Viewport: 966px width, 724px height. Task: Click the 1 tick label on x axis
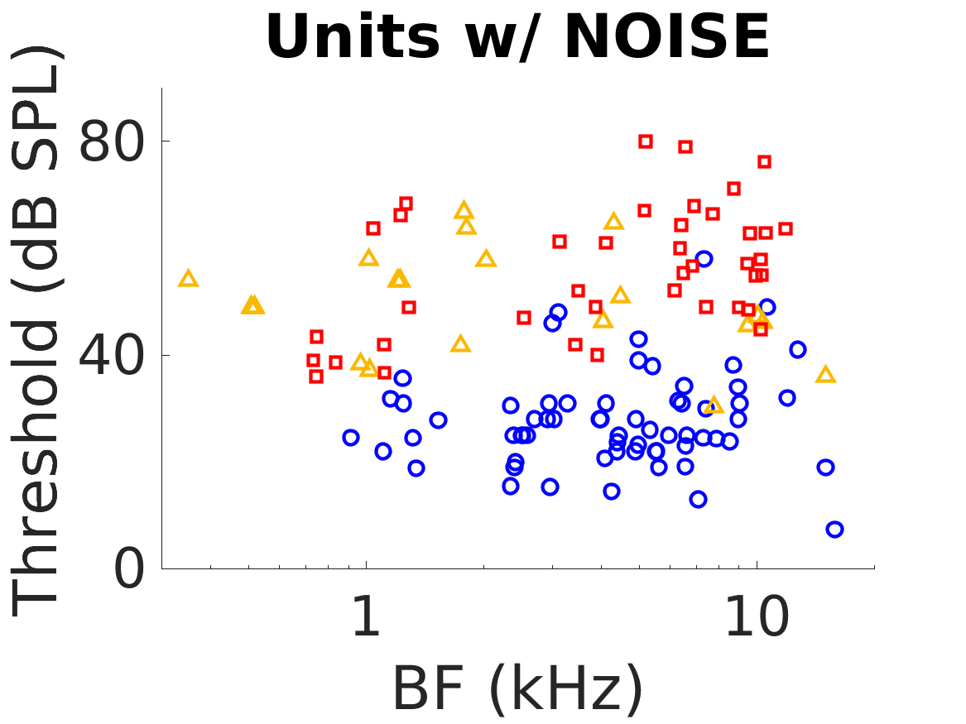(367, 618)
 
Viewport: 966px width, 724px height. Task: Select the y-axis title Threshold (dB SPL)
(37, 331)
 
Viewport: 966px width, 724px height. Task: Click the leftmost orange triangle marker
(189, 279)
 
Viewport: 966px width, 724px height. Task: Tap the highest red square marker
(646, 141)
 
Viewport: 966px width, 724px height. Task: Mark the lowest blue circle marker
(834, 530)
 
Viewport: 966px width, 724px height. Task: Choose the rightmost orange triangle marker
(825, 375)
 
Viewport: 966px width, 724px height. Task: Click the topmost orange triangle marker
(464, 210)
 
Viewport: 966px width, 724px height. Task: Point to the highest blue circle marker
(704, 259)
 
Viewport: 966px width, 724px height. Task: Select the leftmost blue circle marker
(351, 438)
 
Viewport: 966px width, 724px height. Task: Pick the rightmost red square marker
(786, 228)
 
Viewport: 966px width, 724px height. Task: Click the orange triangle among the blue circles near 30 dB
(714, 405)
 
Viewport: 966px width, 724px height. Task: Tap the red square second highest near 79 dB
(685, 146)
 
